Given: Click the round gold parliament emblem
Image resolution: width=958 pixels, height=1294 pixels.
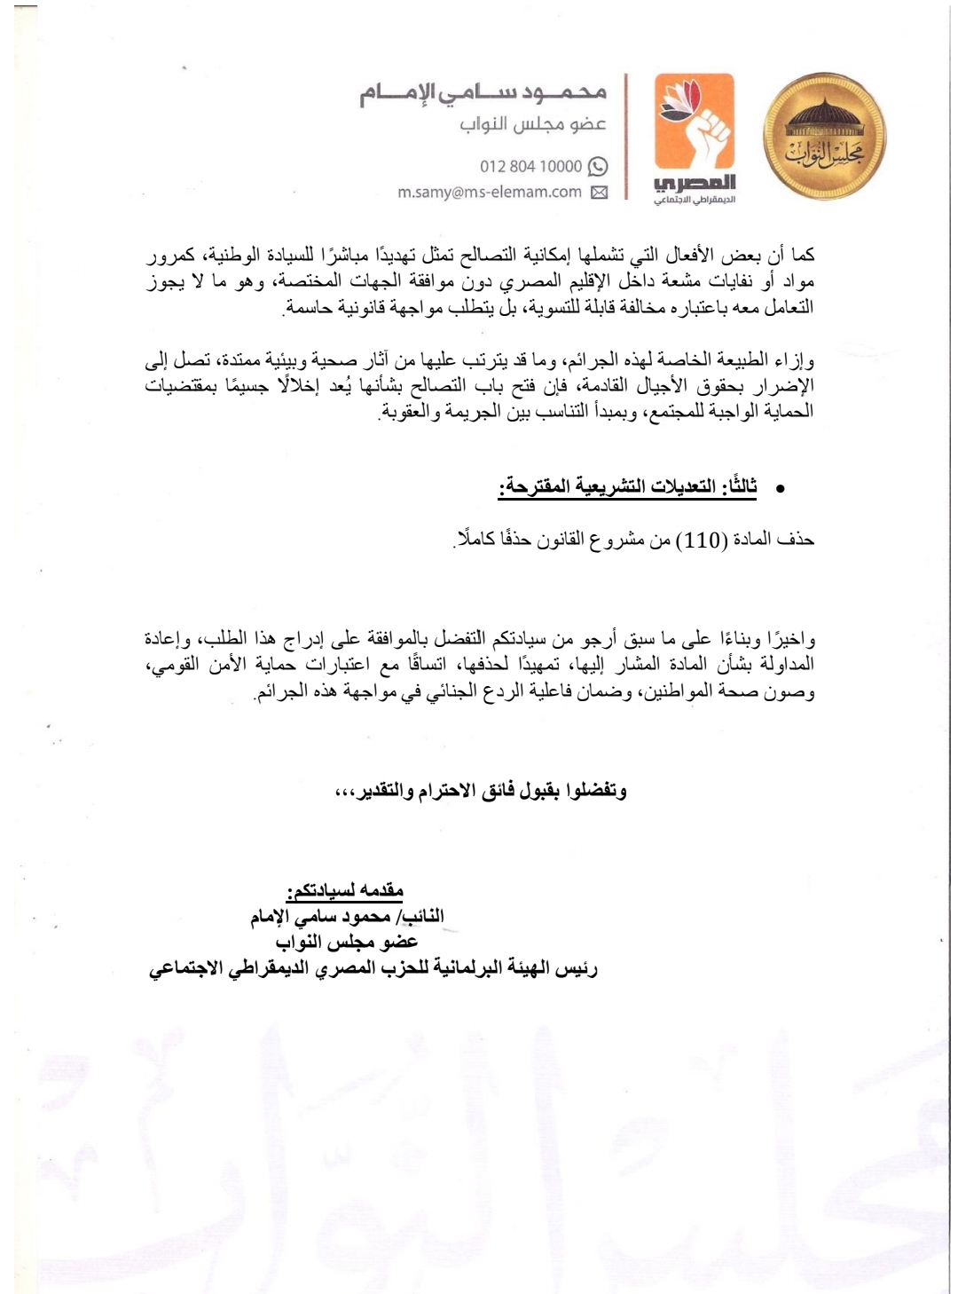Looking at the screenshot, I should coord(825,138).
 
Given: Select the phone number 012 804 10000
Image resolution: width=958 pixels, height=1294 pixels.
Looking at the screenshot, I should coord(530,166).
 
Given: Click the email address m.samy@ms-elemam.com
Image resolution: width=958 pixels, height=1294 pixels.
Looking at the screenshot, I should coord(490,192).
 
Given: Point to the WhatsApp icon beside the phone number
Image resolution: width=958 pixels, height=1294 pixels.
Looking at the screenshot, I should coord(599,166).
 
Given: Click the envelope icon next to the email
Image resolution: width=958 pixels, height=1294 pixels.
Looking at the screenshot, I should coord(600,192).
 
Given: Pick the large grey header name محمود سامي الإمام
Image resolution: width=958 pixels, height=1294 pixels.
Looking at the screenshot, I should coord(483,92).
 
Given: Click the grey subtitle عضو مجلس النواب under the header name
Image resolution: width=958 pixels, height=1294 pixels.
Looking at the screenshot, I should coord(533,123).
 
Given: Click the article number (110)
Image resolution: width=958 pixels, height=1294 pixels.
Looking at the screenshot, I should coord(703,540).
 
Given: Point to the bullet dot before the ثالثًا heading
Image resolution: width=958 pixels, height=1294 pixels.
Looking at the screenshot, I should coord(781,489).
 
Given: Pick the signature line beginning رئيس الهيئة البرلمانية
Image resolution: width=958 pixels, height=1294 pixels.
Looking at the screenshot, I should coord(373,968).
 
